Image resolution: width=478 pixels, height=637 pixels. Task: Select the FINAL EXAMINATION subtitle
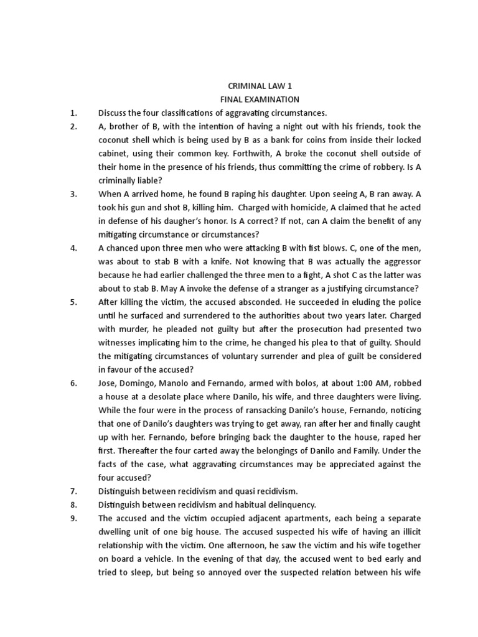point(260,100)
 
